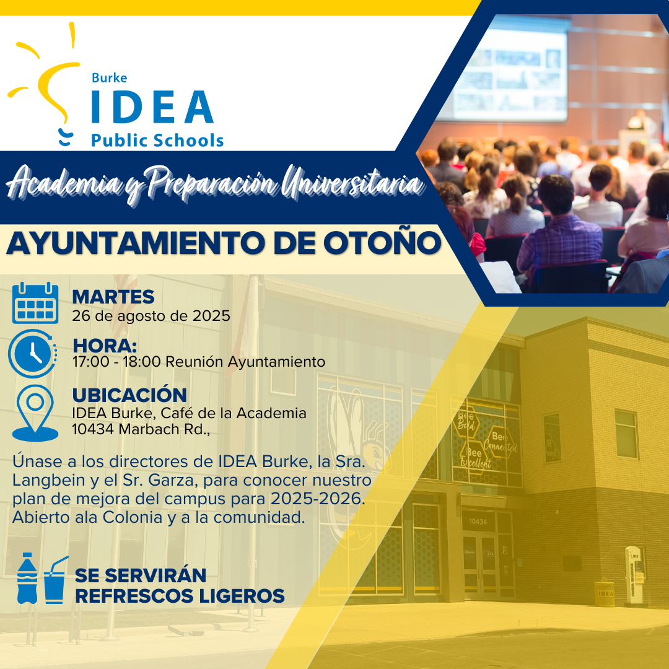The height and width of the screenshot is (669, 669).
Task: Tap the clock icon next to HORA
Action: pos(32,354)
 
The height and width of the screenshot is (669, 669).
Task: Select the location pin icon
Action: pos(35,413)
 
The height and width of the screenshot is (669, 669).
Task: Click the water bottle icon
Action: pos(27,578)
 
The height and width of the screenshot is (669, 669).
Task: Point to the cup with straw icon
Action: pos(55,580)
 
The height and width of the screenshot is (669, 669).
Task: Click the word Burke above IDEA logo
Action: pos(109,77)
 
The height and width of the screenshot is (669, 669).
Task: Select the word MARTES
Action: pos(113,297)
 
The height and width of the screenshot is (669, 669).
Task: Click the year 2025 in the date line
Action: pos(211,316)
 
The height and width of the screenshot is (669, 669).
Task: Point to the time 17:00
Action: pos(91,362)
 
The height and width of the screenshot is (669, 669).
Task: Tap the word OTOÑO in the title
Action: pos(382,243)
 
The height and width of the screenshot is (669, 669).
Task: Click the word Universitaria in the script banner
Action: pos(352,183)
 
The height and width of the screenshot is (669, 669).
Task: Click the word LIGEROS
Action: pos(242,596)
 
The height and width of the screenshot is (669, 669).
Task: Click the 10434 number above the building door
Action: pos(478,522)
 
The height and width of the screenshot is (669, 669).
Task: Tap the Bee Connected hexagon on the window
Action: pos(500,442)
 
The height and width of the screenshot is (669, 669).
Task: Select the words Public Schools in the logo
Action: pos(157,141)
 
